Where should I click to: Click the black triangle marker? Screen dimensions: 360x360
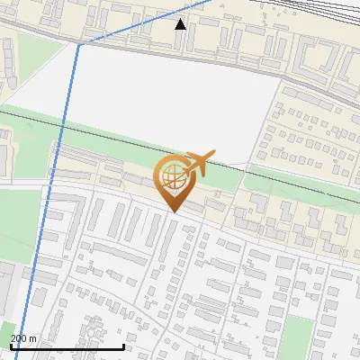181,23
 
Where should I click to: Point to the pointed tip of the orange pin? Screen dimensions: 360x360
172,211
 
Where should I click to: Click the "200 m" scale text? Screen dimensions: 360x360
23,338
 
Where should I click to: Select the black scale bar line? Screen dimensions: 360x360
67,346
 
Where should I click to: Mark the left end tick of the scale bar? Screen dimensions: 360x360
11,346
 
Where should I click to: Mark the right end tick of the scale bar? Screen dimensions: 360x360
124,346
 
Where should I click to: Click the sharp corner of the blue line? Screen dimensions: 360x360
78,44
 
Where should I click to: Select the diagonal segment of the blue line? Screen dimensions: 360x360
148,22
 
